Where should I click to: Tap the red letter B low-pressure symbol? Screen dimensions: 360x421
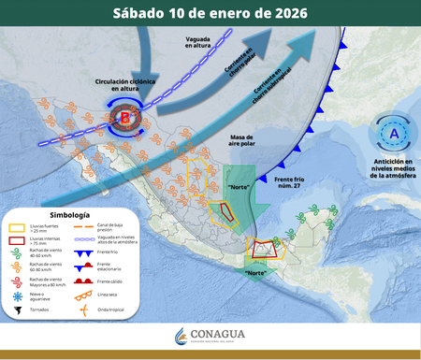coord(125,118)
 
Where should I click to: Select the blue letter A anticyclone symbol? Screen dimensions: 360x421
coord(393,133)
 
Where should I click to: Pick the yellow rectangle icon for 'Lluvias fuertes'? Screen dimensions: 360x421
coord(17,227)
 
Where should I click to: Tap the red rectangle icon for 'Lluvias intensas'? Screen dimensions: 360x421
coord(17,240)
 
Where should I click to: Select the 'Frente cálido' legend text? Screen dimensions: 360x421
coord(109,281)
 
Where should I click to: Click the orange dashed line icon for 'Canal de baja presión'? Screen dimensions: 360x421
coord(81,226)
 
